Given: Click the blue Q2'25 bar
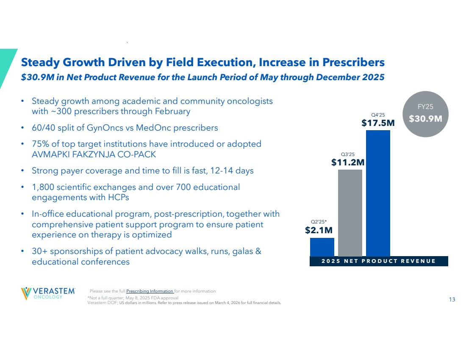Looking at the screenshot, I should tap(322, 246).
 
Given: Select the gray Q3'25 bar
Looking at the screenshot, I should tap(350, 212).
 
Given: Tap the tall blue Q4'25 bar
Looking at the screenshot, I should tap(378, 193).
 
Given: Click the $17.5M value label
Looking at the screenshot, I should tap(378, 123).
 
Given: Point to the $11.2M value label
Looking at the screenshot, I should tap(348, 162).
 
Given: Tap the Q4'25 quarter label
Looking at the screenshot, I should tap(378, 115).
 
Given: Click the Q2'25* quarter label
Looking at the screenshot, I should tap(319, 222).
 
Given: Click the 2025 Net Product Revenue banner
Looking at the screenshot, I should tap(378, 261).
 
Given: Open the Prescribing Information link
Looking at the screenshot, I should tap(150, 291).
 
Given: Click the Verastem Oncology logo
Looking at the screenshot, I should tap(48, 293).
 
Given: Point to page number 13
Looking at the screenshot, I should tap(452, 300).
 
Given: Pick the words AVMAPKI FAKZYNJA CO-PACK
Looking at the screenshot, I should tap(94, 154).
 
